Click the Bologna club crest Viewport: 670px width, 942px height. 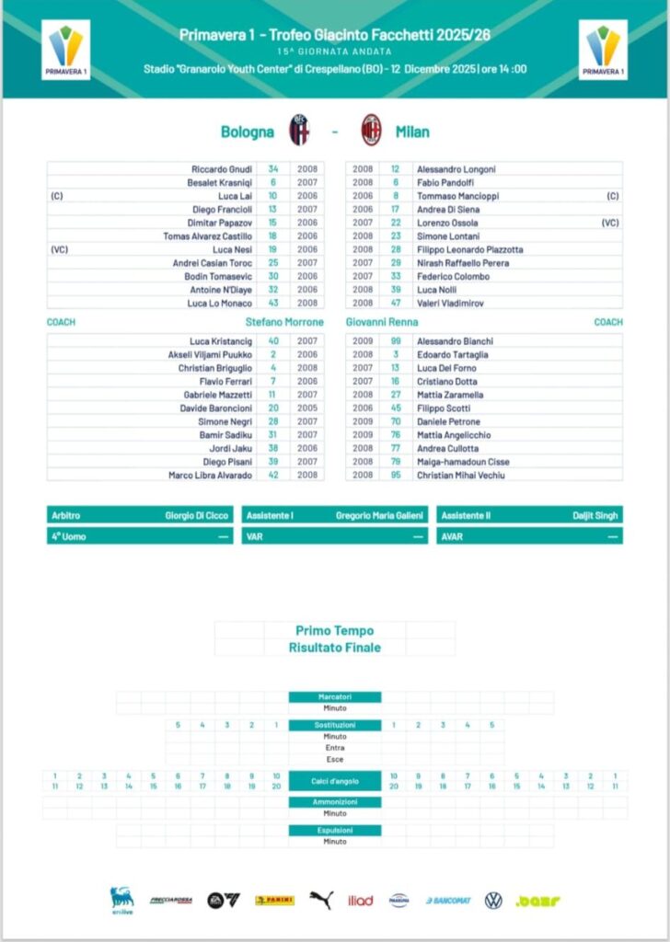[x=300, y=132]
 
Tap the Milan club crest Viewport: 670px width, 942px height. [x=371, y=132]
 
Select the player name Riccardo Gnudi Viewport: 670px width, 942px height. [x=222, y=169]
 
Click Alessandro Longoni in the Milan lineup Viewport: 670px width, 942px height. [x=456, y=169]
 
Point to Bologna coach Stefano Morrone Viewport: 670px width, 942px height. [x=284, y=322]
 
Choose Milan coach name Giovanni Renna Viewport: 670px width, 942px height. [x=382, y=322]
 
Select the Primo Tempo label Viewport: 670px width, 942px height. [x=334, y=631]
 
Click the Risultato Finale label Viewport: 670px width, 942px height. [x=334, y=648]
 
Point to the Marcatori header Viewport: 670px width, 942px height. [x=334, y=697]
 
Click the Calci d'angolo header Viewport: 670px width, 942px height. [x=334, y=781]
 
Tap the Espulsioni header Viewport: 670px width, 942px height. [x=334, y=830]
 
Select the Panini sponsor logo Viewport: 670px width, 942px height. [x=274, y=900]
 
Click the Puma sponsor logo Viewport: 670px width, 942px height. [x=320, y=900]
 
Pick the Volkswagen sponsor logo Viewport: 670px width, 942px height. [x=493, y=900]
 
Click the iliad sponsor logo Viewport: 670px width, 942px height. [x=361, y=900]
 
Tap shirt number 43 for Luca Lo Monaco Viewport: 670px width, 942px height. [x=273, y=303]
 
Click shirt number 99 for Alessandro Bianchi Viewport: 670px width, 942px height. [x=395, y=341]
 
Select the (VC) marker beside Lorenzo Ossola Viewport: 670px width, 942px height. [x=609, y=223]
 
